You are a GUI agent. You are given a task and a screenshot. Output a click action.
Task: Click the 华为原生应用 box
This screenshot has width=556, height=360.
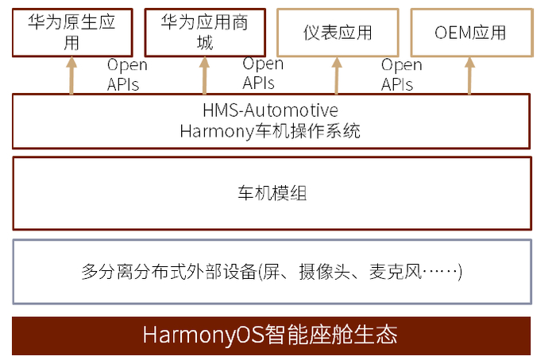(72, 33)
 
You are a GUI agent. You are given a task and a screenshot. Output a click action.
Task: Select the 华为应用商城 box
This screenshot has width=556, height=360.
(204, 33)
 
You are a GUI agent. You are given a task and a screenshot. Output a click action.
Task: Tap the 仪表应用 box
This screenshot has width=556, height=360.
(337, 33)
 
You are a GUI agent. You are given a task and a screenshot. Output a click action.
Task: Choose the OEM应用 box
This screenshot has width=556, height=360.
(469, 33)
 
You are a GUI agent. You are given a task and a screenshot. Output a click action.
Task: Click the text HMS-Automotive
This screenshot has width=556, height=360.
(271, 110)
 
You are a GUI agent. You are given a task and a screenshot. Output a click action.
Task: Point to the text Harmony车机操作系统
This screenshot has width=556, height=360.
(271, 130)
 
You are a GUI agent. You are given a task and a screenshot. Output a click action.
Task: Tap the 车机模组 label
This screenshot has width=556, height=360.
(272, 193)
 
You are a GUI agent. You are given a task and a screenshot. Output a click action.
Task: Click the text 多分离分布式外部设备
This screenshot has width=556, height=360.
(168, 272)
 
